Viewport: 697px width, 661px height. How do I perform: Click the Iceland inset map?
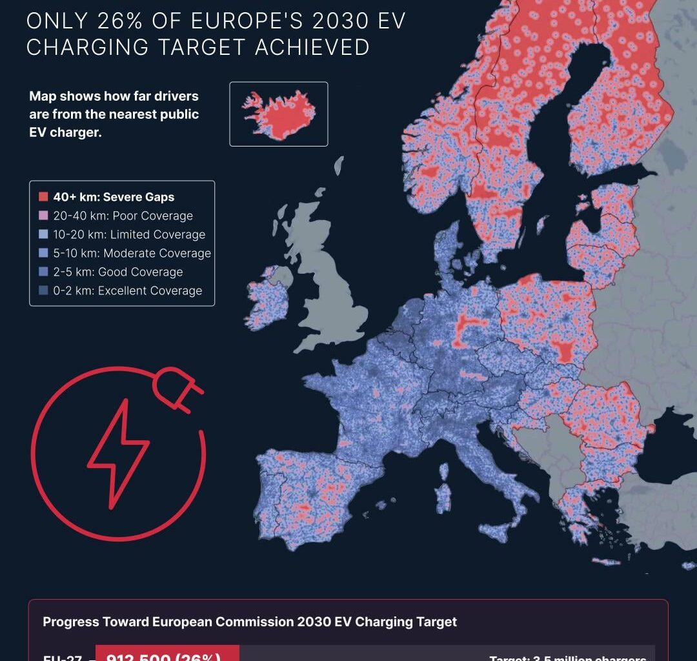(x=279, y=114)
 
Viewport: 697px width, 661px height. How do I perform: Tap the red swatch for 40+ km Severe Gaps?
(x=43, y=197)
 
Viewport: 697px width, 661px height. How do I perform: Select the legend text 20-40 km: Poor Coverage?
(x=123, y=216)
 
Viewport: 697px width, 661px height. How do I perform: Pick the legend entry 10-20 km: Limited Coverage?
(x=129, y=234)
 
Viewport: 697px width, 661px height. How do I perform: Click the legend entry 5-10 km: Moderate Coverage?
(x=132, y=253)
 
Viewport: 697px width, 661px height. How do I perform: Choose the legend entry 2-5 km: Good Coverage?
(x=117, y=272)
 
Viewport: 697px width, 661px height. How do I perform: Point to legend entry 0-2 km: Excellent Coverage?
(x=127, y=290)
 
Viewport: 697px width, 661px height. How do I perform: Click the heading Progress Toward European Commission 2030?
(x=250, y=622)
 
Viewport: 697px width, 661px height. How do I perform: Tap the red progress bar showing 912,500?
(x=167, y=653)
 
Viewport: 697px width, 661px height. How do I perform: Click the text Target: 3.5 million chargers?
(x=568, y=656)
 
